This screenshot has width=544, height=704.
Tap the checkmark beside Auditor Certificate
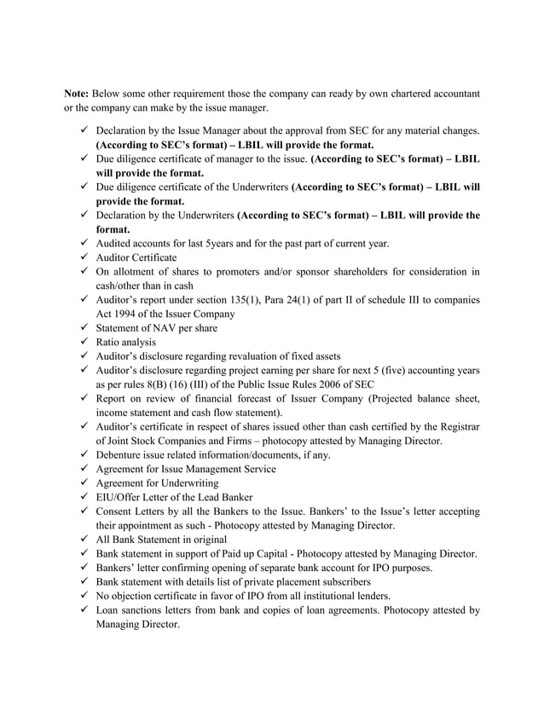point(84,257)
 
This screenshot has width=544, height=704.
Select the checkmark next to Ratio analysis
point(84,342)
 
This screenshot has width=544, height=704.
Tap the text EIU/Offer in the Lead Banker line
point(120,498)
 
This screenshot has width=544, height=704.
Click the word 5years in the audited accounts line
point(225,243)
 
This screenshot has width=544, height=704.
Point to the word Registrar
point(457,427)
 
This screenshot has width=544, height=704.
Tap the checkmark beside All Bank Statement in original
point(84,540)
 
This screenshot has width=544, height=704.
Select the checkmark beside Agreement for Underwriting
point(84,483)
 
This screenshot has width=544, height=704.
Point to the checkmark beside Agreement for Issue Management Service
point(84,469)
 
